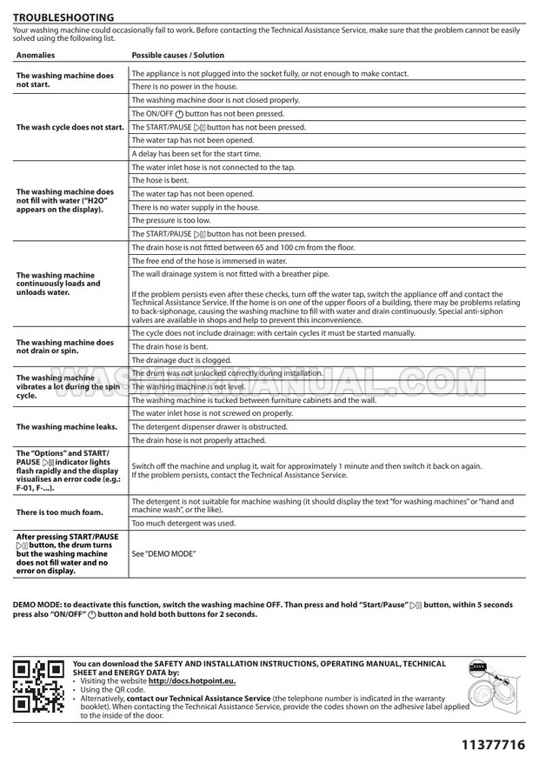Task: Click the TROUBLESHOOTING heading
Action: (x=63, y=17)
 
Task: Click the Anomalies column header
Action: (x=35, y=55)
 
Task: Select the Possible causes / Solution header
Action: (x=177, y=55)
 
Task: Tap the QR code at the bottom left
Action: (x=38, y=685)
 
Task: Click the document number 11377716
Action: (x=493, y=745)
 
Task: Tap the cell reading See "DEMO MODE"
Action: (x=163, y=553)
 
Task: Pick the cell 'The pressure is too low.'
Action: (x=170, y=220)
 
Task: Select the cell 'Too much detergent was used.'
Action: (x=183, y=523)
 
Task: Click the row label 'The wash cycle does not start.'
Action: (x=70, y=127)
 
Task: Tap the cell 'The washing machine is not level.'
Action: (x=189, y=386)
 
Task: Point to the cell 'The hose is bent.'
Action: (x=161, y=180)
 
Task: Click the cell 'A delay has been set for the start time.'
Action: (x=196, y=153)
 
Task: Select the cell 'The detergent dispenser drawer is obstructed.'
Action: (x=210, y=427)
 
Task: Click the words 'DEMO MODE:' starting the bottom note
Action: (x=37, y=605)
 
